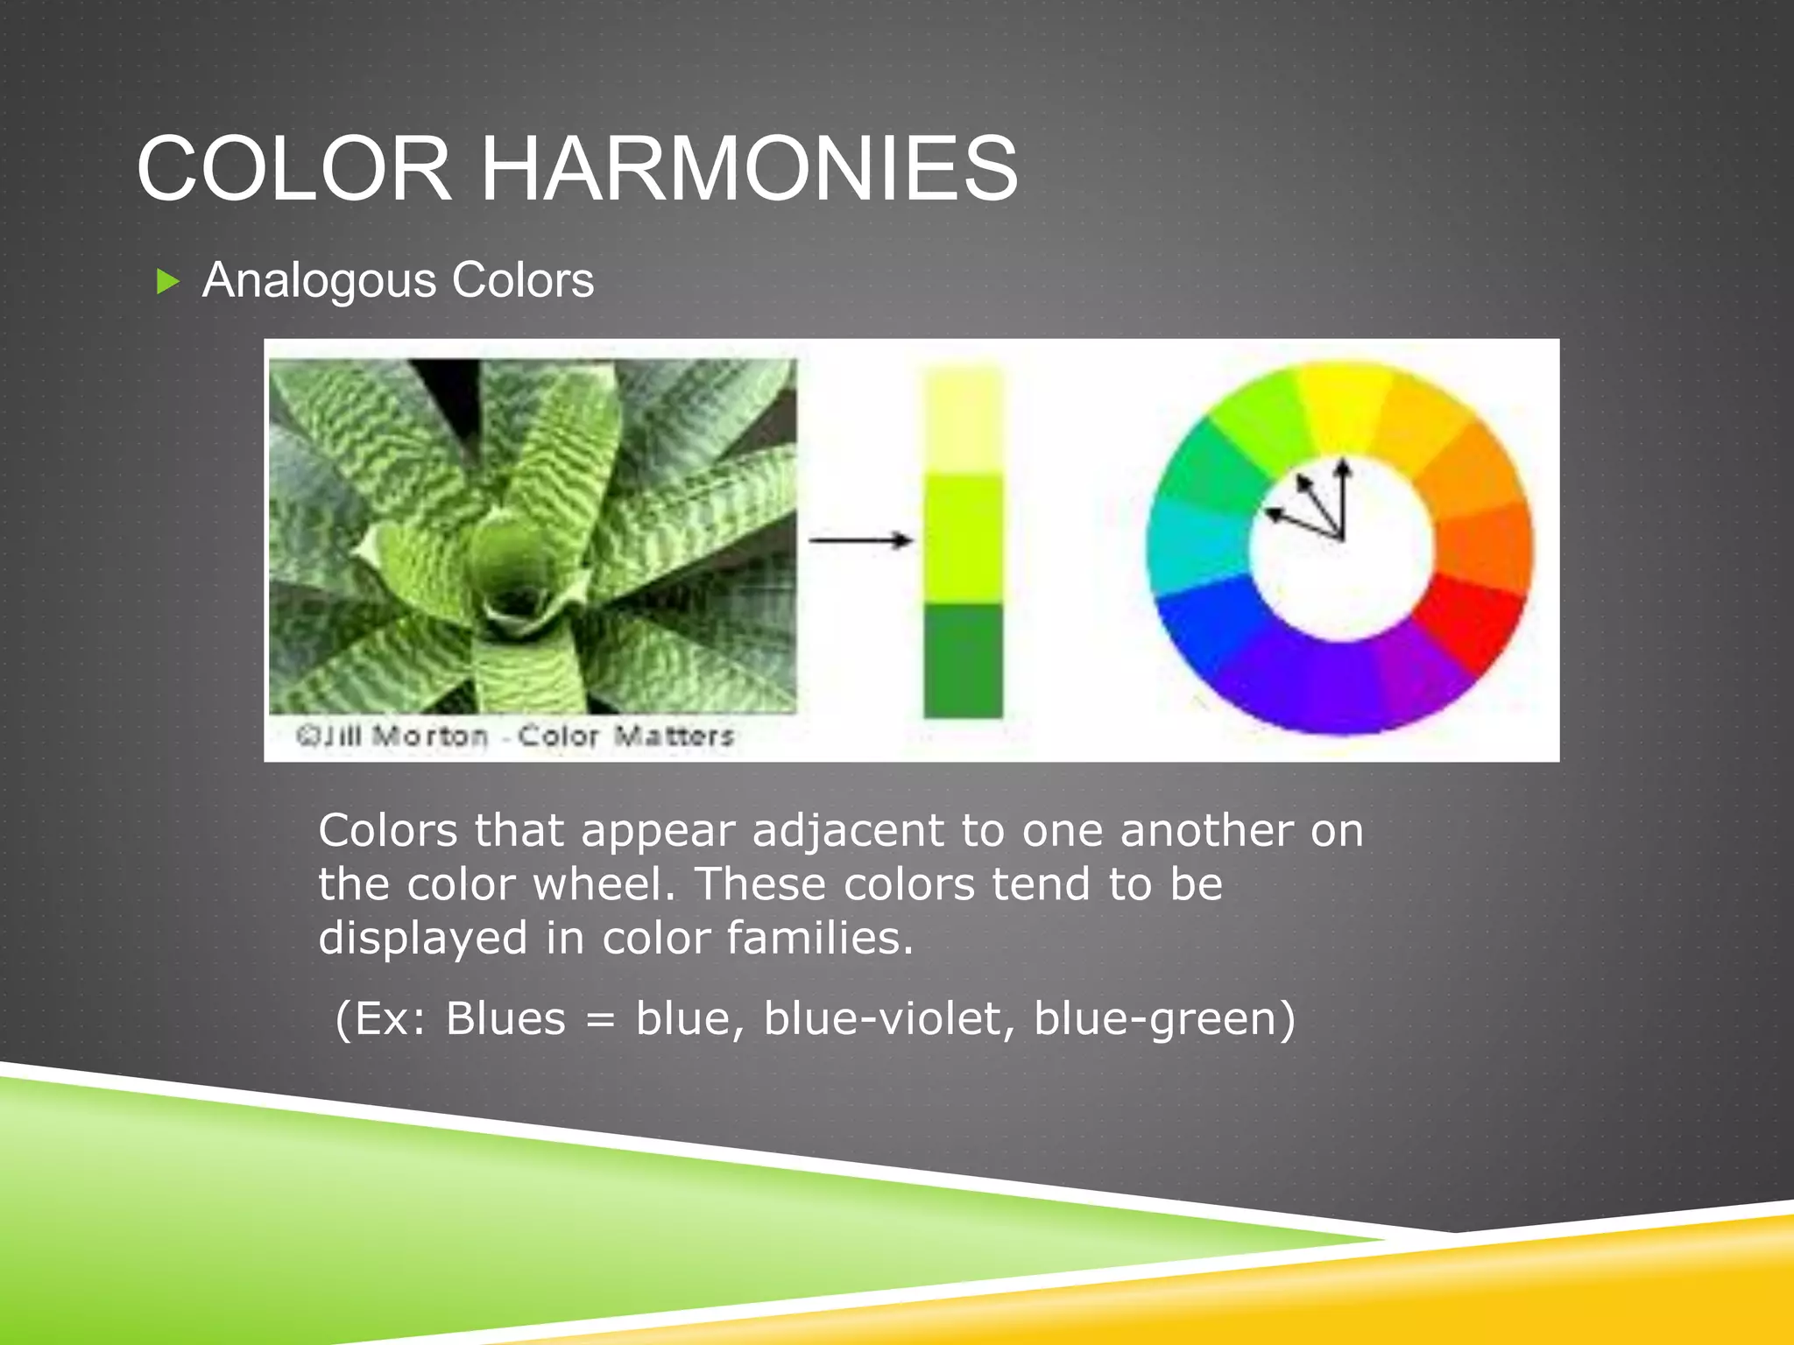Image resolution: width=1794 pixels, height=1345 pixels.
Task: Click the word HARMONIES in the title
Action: (x=750, y=168)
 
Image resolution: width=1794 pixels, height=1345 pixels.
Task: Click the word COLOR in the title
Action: (x=293, y=168)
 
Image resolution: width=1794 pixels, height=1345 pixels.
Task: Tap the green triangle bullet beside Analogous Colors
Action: (x=167, y=282)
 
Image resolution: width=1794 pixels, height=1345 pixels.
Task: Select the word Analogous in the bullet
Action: (x=319, y=280)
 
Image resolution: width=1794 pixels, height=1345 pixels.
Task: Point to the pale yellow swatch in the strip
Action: (x=963, y=420)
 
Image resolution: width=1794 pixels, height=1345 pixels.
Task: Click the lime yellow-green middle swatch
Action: (x=963, y=539)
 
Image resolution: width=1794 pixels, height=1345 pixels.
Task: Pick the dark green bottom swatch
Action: (x=963, y=661)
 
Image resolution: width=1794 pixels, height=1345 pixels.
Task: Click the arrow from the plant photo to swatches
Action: (x=860, y=540)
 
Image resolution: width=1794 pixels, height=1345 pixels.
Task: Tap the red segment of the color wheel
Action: (x=1472, y=622)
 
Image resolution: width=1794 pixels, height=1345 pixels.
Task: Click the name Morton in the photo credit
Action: (x=429, y=736)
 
